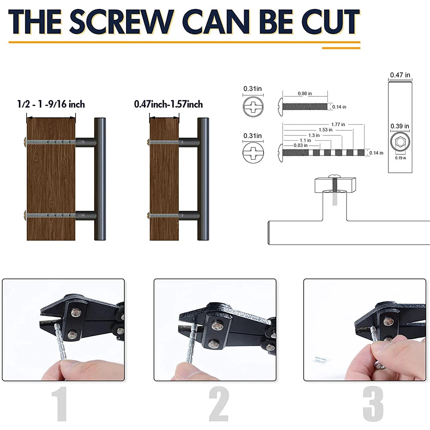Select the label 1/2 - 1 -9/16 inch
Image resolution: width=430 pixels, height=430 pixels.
coord(51,104)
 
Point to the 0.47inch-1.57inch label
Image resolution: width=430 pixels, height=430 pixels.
coord(169,104)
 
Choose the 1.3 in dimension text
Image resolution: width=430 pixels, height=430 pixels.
coord(314,135)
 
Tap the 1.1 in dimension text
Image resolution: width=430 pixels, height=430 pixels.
coord(305,140)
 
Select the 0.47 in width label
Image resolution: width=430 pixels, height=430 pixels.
coord(400,75)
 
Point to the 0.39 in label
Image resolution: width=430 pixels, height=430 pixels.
coord(400,126)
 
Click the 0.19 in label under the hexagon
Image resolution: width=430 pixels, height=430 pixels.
coord(400,157)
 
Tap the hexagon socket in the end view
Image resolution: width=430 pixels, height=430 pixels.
coord(400,143)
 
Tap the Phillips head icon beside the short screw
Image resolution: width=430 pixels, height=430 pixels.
coord(252,106)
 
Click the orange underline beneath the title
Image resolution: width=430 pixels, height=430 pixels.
coord(184,42)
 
